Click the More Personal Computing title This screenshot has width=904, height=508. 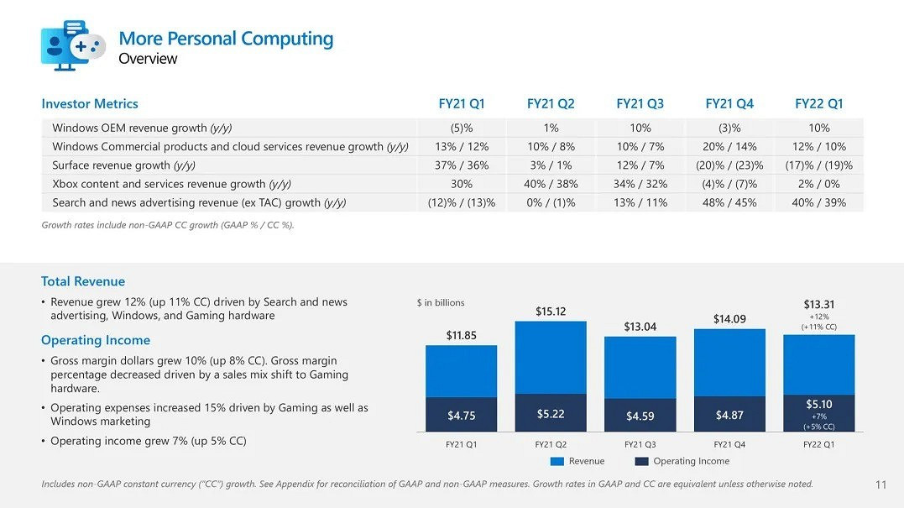tap(226, 39)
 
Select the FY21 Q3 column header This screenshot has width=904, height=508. tap(640, 104)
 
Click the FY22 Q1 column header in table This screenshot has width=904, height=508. tap(818, 104)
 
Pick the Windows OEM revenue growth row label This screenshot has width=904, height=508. tap(142, 128)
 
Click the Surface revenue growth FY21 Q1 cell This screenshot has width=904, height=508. tap(461, 165)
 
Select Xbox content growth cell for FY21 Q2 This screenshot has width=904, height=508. tap(551, 184)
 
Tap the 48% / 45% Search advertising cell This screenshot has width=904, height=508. tap(729, 202)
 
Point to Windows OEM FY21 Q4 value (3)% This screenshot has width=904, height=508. tap(729, 128)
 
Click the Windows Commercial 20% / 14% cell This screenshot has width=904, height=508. tap(729, 147)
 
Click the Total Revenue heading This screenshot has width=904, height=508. tap(83, 282)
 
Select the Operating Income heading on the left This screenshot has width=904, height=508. tap(96, 340)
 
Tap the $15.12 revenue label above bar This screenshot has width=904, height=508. tap(551, 312)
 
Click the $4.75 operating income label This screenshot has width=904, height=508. tap(462, 416)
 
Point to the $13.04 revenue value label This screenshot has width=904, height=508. tap(640, 327)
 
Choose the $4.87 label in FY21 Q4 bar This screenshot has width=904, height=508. tap(729, 415)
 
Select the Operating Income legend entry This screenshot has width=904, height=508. tap(682, 461)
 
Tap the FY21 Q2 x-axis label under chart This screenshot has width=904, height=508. tap(551, 444)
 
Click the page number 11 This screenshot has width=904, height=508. tap(880, 484)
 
